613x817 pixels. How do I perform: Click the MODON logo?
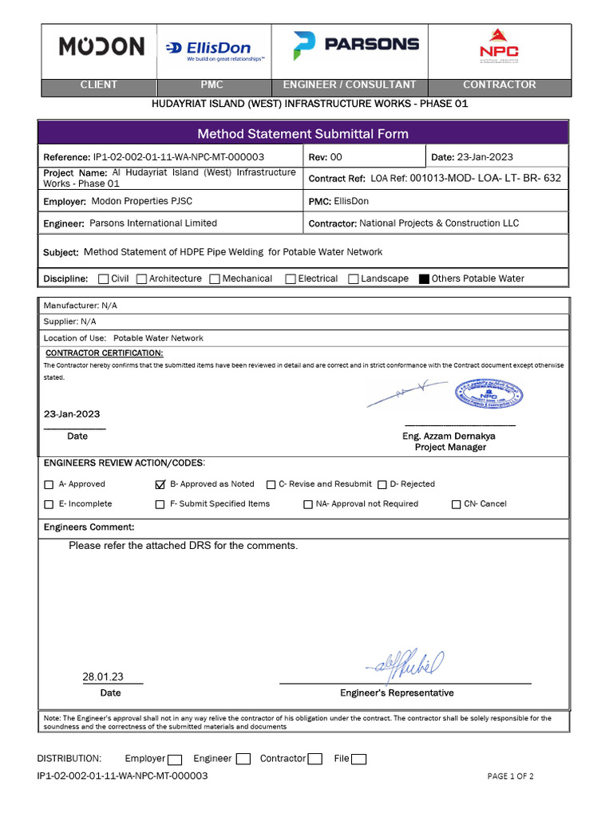pyautogui.click(x=101, y=46)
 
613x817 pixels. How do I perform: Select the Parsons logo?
pyautogui.click(x=356, y=45)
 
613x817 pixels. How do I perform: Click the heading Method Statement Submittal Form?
pyautogui.click(x=303, y=134)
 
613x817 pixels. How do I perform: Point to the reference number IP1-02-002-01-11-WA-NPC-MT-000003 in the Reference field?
pyautogui.click(x=179, y=157)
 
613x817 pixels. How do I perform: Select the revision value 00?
pyautogui.click(x=336, y=157)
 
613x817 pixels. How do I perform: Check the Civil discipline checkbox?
pyautogui.click(x=104, y=279)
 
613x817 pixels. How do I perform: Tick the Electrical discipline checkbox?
pyautogui.click(x=291, y=279)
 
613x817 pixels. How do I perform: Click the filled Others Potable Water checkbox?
pyautogui.click(x=424, y=279)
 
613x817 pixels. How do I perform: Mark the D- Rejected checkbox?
pyautogui.click(x=382, y=484)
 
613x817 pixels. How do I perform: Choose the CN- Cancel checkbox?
pyautogui.click(x=457, y=504)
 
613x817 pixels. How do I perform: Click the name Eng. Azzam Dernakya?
pyautogui.click(x=450, y=436)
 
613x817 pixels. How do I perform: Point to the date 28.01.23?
pyautogui.click(x=103, y=677)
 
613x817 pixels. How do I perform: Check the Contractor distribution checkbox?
pyautogui.click(x=315, y=760)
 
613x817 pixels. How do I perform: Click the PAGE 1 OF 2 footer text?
pyautogui.click(x=510, y=776)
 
